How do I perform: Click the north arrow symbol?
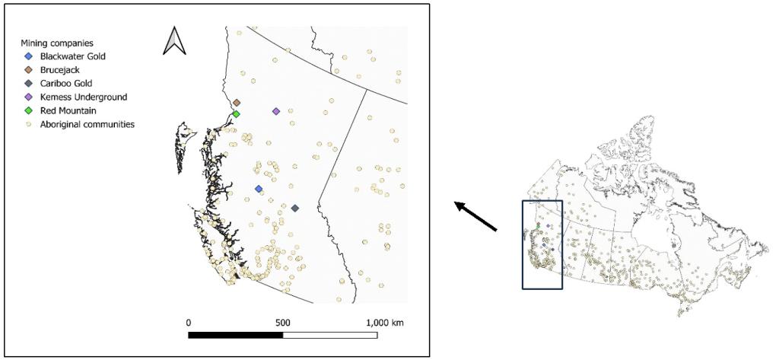pyautogui.click(x=174, y=41)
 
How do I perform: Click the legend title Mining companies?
pyautogui.click(x=57, y=43)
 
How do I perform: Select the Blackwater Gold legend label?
pyautogui.click(x=73, y=56)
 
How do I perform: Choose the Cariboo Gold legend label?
pyautogui.click(x=67, y=84)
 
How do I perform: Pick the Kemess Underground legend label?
pyautogui.click(x=84, y=97)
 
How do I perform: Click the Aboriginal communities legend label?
pyautogui.click(x=87, y=124)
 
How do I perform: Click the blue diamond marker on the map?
pyautogui.click(x=259, y=190)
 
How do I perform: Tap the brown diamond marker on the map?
pyautogui.click(x=237, y=103)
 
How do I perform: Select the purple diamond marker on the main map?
pyautogui.click(x=276, y=112)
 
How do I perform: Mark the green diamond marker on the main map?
pyautogui.click(x=237, y=114)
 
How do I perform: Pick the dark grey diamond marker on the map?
pyautogui.click(x=295, y=209)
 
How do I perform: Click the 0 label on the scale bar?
pyautogui.click(x=188, y=322)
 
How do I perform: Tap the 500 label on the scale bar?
pyautogui.click(x=283, y=322)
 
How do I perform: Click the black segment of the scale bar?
pyautogui.click(x=236, y=335)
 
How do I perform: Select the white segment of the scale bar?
pyautogui.click(x=331, y=335)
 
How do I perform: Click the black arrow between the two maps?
pyautogui.click(x=476, y=216)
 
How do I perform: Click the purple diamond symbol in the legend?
pyautogui.click(x=29, y=97)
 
